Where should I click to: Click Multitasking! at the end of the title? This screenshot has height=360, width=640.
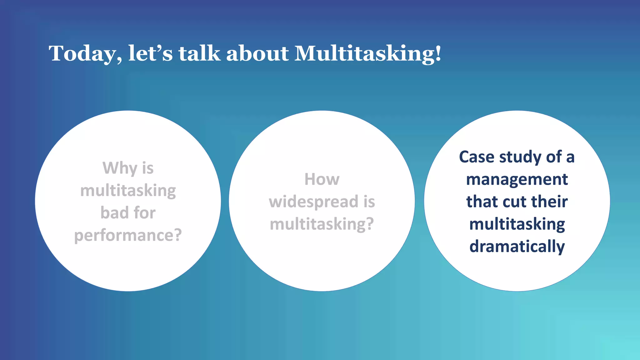click(x=368, y=54)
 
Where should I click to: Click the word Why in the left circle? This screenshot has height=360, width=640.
click(x=120, y=168)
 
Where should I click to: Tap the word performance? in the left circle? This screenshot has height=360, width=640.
click(x=128, y=236)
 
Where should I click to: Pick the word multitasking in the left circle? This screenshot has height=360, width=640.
click(x=128, y=191)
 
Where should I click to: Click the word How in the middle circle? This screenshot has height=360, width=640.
click(x=322, y=179)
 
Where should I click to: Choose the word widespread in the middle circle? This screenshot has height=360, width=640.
click(x=313, y=202)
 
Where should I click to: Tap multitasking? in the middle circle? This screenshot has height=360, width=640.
click(x=322, y=224)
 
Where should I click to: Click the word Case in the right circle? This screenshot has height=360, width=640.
click(x=477, y=157)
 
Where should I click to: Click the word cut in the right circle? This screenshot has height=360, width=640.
click(x=516, y=202)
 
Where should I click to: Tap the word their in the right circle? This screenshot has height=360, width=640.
click(x=549, y=202)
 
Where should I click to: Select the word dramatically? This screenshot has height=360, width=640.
click(x=517, y=247)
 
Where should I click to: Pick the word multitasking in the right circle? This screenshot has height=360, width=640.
click(x=517, y=224)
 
